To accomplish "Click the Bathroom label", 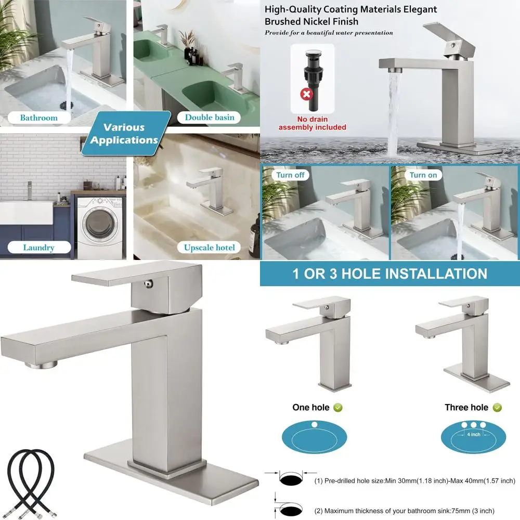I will [38, 118].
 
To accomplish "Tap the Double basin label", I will [210, 117].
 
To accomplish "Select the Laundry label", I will [38, 248].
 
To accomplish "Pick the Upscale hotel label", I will [209, 248].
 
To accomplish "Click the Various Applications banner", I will [124, 134].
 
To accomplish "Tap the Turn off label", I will [290, 175].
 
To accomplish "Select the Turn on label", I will [423, 175].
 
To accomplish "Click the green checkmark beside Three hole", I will [497, 407].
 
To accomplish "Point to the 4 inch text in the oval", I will [473, 434].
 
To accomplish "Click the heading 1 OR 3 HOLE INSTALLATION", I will [389, 274].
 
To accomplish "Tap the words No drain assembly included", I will [312, 123].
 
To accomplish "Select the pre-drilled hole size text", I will [414, 480].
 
